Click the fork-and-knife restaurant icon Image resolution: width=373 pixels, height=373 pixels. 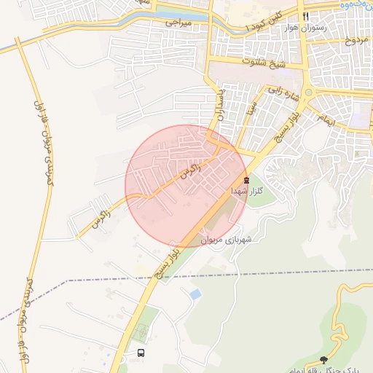click(307, 16)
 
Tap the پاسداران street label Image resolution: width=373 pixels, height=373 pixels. click(219, 106)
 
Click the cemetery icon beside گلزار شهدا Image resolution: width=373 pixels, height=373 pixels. click(246, 178)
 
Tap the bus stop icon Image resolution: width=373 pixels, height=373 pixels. click(141, 353)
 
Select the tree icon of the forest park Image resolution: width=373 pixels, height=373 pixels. click(323, 359)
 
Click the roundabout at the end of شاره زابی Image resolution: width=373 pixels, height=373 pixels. click(309, 93)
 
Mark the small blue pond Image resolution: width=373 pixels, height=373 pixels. click(195, 294)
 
